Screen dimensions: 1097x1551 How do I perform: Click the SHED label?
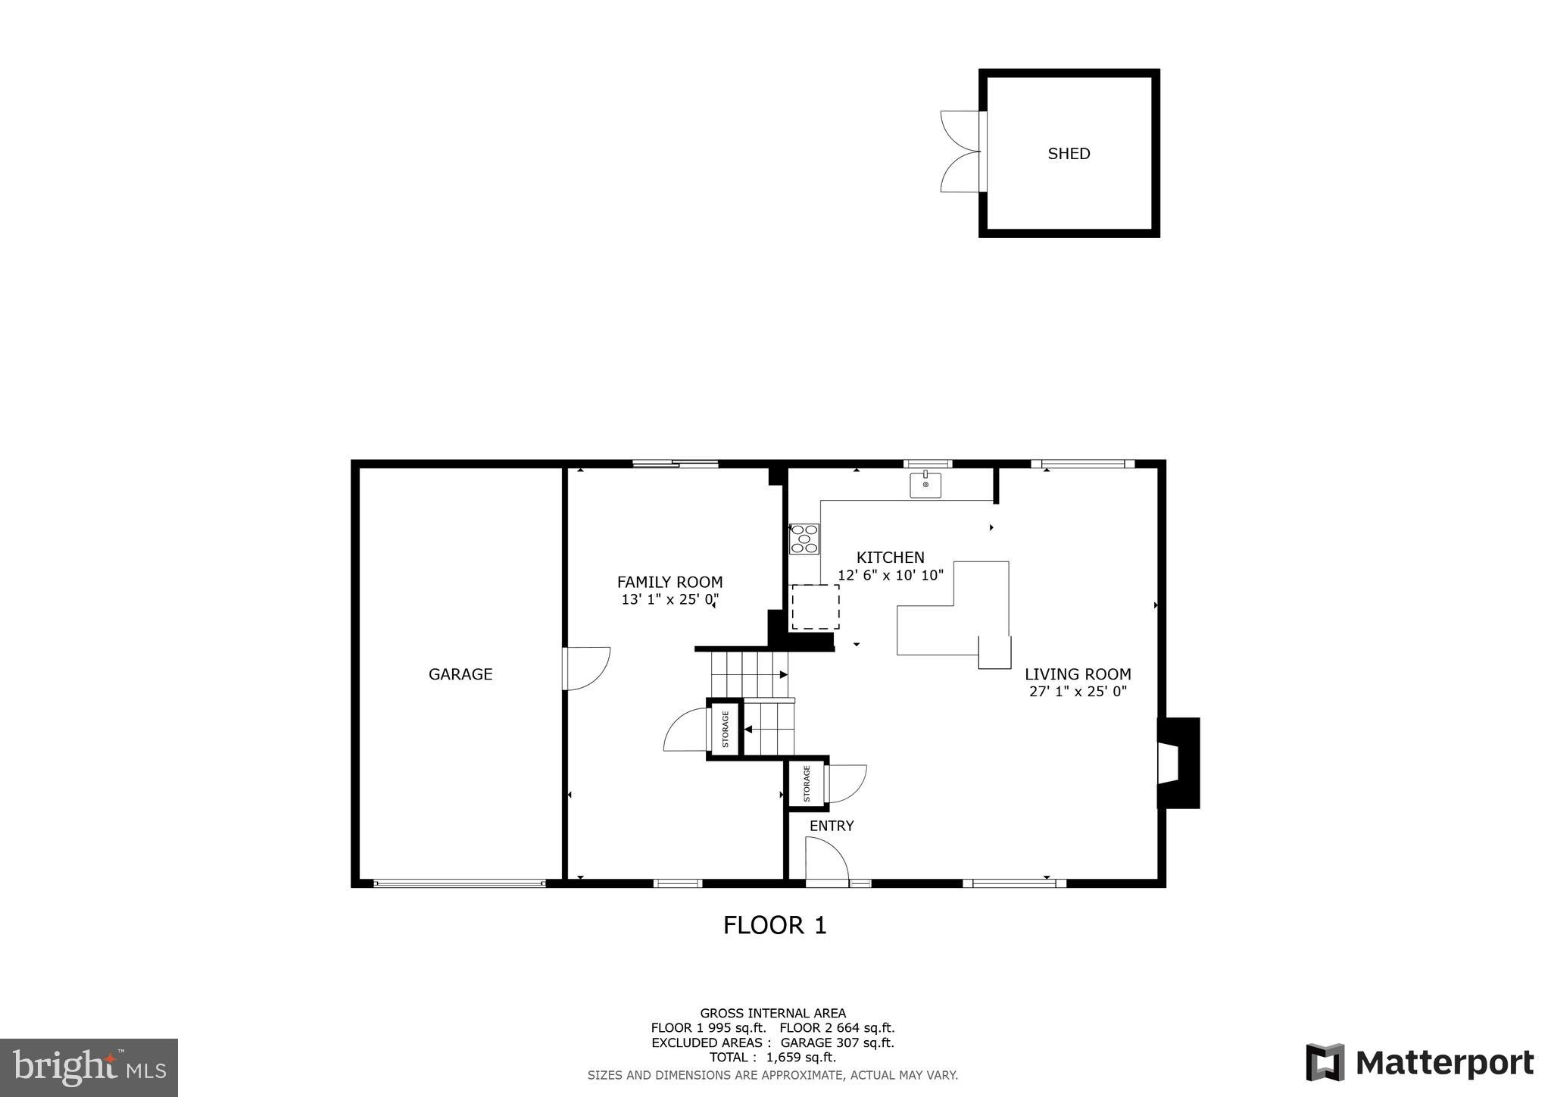(1069, 154)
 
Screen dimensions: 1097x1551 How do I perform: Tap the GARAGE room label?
(460, 674)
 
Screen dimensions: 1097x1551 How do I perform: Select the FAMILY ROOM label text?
(669, 583)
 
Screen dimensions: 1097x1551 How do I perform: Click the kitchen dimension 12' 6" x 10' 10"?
(890, 575)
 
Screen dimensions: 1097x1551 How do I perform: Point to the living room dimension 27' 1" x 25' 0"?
(1078, 692)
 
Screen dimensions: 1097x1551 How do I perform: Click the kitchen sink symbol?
(925, 484)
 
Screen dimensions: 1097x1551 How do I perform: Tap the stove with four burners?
(804, 539)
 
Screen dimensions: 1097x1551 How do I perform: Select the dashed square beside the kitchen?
(815, 608)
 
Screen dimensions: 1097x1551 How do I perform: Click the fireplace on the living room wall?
(1178, 763)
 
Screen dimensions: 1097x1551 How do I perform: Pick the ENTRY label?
(832, 827)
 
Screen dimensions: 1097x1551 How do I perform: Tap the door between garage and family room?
(587, 668)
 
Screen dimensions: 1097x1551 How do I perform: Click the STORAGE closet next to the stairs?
(725, 729)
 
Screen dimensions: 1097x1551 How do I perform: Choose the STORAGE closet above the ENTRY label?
(807, 783)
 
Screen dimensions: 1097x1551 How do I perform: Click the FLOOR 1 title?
(775, 926)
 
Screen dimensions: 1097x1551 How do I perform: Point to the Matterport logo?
(1419, 1063)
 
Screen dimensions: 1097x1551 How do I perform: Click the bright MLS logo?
(89, 1067)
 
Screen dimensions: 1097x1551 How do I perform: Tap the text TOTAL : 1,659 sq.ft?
(772, 1058)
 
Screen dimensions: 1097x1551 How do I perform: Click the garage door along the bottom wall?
(459, 883)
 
